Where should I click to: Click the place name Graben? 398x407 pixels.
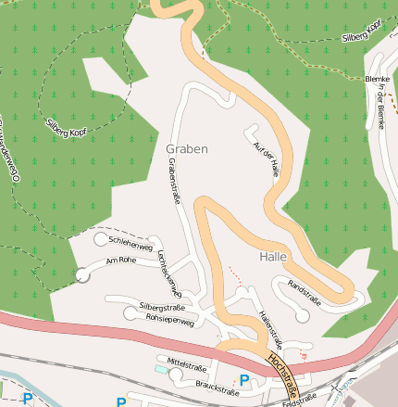point(187,148)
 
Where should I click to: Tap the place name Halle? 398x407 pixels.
point(274,256)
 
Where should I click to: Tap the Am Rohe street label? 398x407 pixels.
point(121,261)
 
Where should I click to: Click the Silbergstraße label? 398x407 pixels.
point(162,306)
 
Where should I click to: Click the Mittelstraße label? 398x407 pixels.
point(186,364)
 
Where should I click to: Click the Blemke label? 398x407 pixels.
point(379,80)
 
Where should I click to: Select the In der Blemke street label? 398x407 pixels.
point(380,111)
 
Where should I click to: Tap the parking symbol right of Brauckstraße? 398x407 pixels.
point(244,379)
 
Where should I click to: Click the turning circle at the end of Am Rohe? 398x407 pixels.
point(82,274)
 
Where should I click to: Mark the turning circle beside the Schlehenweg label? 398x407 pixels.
point(101,240)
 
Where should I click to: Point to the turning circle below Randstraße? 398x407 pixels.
point(302,315)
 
